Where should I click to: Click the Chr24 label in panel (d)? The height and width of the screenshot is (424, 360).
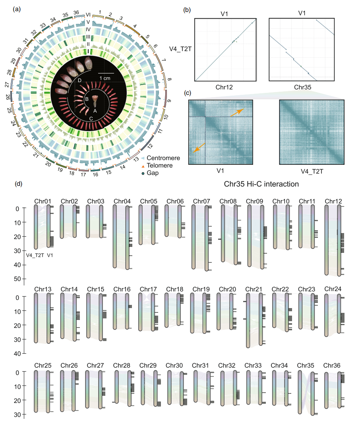click(333, 289)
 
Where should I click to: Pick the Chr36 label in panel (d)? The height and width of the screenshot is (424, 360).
click(333, 365)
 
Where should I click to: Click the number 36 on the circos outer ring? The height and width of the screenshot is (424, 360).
click(77, 13)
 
